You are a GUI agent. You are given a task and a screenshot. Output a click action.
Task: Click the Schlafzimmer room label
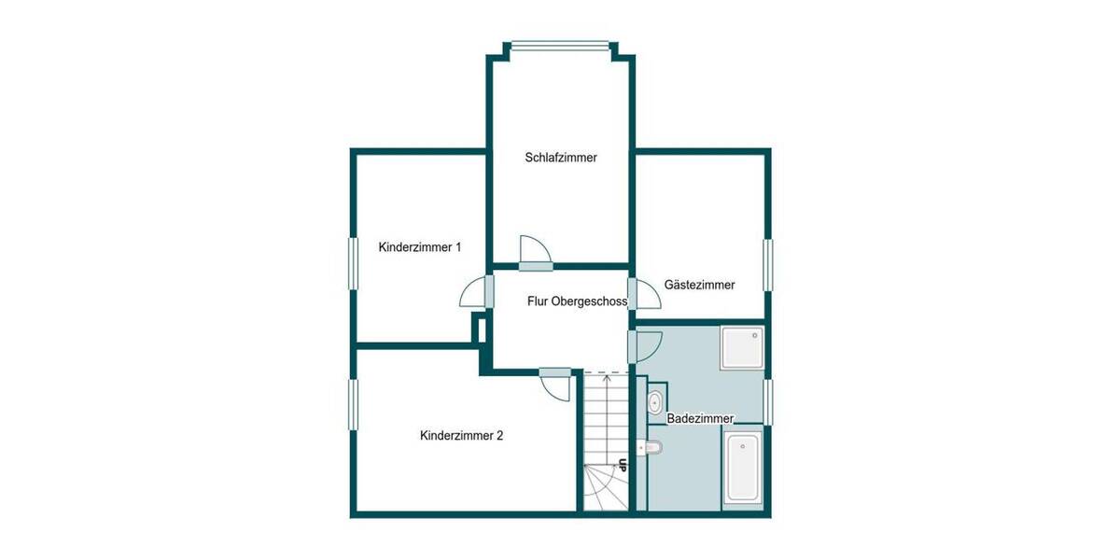pyautogui.click(x=561, y=158)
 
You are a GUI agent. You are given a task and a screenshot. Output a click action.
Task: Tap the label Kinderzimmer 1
pyautogui.click(x=420, y=247)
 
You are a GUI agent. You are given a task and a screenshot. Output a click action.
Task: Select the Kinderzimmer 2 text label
pyautogui.click(x=462, y=435)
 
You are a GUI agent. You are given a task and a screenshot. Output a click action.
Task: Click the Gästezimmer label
pyautogui.click(x=699, y=285)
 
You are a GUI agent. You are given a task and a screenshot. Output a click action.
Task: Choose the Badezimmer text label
pyautogui.click(x=700, y=419)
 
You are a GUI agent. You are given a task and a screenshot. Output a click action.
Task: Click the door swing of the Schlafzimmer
pyautogui.click(x=536, y=251)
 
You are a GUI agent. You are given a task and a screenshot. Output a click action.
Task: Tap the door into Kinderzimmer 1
pyautogui.click(x=477, y=294)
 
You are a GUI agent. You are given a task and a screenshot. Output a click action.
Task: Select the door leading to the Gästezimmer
pyautogui.click(x=644, y=293)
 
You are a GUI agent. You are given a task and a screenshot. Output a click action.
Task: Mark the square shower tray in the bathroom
pyautogui.click(x=743, y=347)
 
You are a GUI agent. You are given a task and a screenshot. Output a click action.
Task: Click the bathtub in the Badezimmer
pyautogui.click(x=744, y=469)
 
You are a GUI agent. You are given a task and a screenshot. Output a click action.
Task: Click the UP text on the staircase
pyautogui.click(x=621, y=464)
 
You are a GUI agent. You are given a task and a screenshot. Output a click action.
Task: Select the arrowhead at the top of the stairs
pyautogui.click(x=608, y=377)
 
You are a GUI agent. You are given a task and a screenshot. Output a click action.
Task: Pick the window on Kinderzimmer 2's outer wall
pyautogui.click(x=354, y=404)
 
